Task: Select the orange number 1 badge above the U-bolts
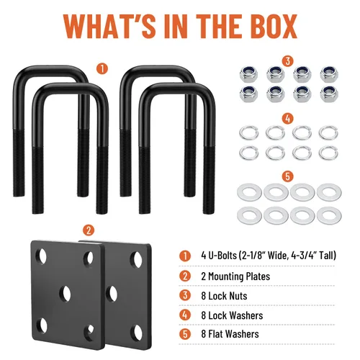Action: [102, 68]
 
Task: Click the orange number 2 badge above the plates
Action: [89, 230]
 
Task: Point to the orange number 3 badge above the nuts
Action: [288, 61]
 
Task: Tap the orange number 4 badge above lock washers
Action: [288, 119]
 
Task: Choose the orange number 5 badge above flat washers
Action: [288, 176]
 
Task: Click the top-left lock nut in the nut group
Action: [248, 73]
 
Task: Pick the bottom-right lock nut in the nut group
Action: [329, 94]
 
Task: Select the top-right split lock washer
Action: [328, 132]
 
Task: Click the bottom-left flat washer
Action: [249, 215]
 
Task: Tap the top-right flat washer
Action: [329, 192]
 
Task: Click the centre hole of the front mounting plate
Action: [65, 293]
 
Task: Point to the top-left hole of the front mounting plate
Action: [41, 256]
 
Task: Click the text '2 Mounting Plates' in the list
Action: [235, 276]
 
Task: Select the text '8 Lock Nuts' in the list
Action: [224, 296]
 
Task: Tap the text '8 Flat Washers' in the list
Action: [230, 334]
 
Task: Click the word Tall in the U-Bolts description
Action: [327, 256]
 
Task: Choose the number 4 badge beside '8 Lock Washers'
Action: [185, 315]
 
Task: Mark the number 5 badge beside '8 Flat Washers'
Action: [185, 334]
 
